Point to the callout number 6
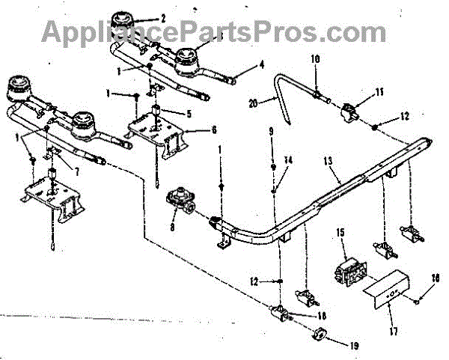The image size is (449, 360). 214,130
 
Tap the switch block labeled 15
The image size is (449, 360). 346,270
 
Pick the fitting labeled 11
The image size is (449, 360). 349,114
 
